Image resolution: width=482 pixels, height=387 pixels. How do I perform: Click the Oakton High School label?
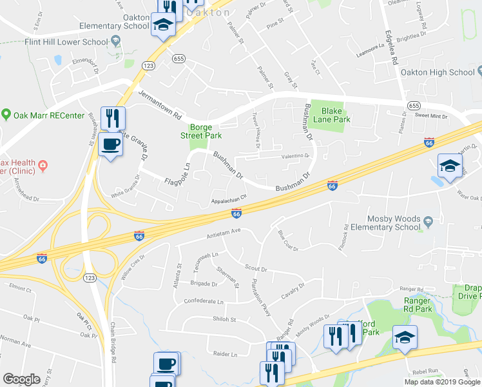(x=437, y=72)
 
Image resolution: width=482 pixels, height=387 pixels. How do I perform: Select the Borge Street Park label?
(x=205, y=131)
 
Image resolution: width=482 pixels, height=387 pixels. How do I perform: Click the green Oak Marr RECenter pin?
(x=6, y=115)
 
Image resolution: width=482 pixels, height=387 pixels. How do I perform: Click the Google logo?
(x=21, y=379)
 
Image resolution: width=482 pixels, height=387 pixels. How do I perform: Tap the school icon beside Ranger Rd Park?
(x=405, y=338)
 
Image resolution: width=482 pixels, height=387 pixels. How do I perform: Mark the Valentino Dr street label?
(x=294, y=156)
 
